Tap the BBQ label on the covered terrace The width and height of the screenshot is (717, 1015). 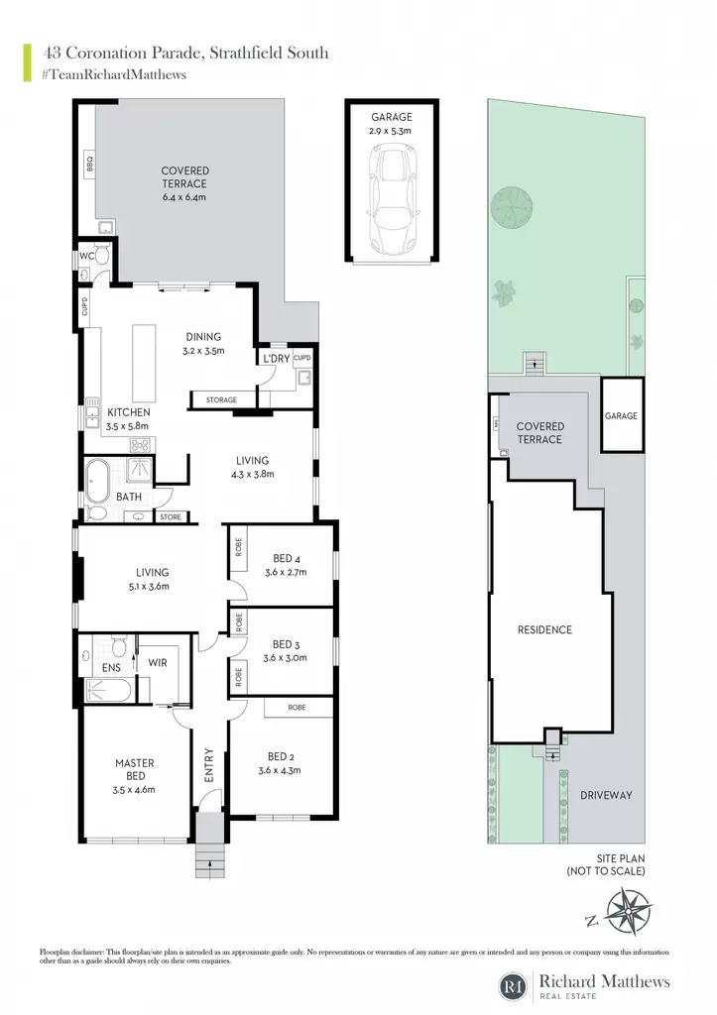89,163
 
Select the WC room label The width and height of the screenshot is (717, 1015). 87,256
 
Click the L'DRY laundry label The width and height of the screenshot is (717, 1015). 277,359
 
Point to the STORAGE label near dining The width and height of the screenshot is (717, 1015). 221,400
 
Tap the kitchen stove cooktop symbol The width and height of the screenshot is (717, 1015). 140,445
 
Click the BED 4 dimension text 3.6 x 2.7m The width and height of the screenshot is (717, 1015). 286,572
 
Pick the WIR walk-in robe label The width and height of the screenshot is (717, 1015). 158,663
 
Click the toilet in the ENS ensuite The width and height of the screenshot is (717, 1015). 119,646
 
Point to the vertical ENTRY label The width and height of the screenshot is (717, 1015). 209,765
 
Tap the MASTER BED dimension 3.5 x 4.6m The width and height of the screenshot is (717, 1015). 134,790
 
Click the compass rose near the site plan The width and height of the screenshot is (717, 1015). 629,912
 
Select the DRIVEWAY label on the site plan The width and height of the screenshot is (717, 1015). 606,795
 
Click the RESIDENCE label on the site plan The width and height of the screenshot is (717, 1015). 544,629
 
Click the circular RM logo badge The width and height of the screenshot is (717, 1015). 514,986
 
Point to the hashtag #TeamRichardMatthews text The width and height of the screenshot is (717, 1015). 114,75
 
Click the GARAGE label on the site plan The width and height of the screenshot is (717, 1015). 621,415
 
